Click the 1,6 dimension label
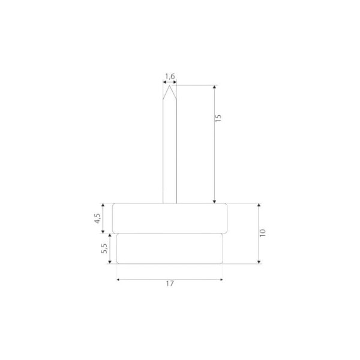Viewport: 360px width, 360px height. coord(170,76)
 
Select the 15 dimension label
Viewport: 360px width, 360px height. coord(218,118)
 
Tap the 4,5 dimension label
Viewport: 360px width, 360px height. coord(98,218)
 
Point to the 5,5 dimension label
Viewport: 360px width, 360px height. coord(104,248)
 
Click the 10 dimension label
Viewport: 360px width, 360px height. coord(262,233)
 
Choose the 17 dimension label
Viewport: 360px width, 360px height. coord(170,284)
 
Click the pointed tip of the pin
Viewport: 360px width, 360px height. coord(169,86)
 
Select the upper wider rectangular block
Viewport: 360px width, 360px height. coord(170,218)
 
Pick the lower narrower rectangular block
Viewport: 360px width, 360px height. coord(170,248)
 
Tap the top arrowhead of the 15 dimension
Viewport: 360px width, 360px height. coord(214,87)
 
